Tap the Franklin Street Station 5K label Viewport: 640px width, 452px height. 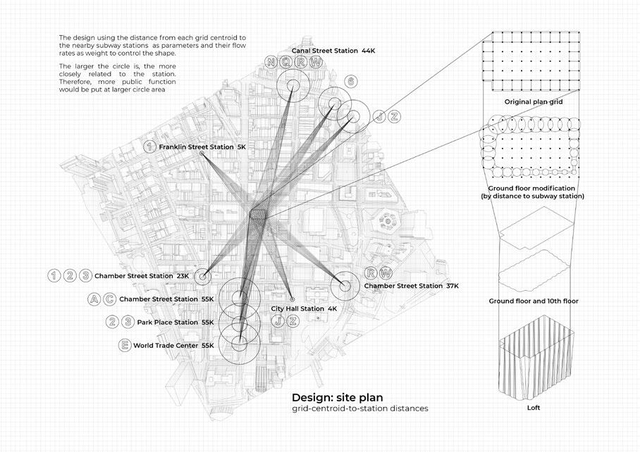[202, 146]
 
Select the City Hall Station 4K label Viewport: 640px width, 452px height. [302, 308]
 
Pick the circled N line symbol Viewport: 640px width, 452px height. [270, 62]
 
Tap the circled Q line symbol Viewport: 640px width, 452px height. [285, 62]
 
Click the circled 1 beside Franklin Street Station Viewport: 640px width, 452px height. [149, 146]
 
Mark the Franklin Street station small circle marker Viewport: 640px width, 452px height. [202, 153]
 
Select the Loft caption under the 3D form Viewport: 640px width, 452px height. [533, 408]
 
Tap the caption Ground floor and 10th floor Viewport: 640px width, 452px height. [533, 301]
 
